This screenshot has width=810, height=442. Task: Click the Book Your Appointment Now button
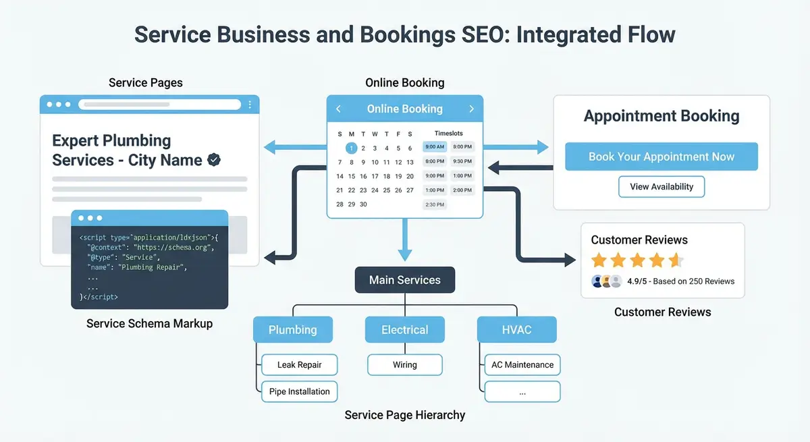click(x=661, y=157)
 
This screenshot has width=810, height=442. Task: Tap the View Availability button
click(x=661, y=187)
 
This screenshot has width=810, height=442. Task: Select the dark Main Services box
click(x=404, y=280)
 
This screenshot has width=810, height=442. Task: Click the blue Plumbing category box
click(x=292, y=330)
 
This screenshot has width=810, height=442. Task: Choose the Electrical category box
click(x=404, y=330)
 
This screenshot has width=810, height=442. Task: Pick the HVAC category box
click(x=516, y=330)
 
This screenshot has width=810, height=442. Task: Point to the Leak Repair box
click(x=299, y=365)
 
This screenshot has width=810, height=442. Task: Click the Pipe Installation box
click(x=299, y=391)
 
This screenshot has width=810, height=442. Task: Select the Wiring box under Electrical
click(x=404, y=365)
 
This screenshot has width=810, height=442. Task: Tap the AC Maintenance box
click(x=522, y=365)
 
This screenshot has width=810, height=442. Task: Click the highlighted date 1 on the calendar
click(x=351, y=148)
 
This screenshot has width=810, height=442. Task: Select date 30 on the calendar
click(x=363, y=204)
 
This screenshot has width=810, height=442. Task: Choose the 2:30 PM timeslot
click(x=435, y=204)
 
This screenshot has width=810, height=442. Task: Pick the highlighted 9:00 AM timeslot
click(x=435, y=146)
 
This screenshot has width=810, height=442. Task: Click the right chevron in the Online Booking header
click(x=472, y=109)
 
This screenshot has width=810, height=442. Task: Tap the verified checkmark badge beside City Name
click(x=214, y=160)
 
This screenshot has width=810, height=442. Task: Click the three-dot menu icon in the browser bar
click(x=250, y=105)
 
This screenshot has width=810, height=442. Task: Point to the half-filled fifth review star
click(x=676, y=260)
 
